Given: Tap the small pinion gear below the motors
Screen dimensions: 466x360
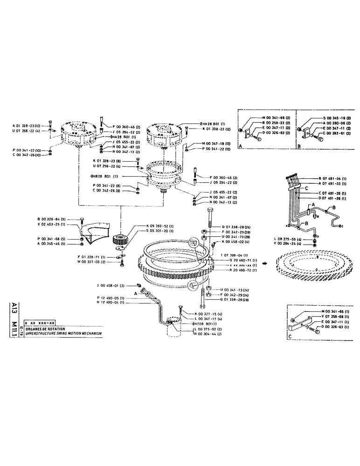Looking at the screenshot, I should point(121,241).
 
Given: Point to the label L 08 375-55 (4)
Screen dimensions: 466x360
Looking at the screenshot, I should point(289,239).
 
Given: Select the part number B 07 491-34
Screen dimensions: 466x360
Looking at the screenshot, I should point(334,178).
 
